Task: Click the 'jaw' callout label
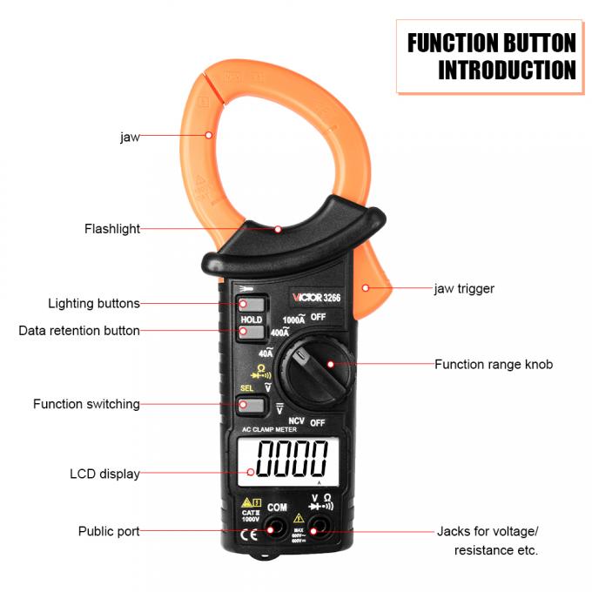tap(129, 137)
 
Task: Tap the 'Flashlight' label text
tap(111, 229)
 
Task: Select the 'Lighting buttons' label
tap(93, 304)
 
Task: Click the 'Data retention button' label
tap(79, 331)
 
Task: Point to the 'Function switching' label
tap(86, 404)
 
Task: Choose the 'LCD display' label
tap(104, 474)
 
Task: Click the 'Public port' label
tap(109, 531)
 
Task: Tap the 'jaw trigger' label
tap(464, 288)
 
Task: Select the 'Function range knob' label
tap(494, 364)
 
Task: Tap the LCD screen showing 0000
tap(284, 459)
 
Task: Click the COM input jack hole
tap(276, 526)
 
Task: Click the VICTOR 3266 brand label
tap(315, 297)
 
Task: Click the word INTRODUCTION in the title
tap(506, 70)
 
